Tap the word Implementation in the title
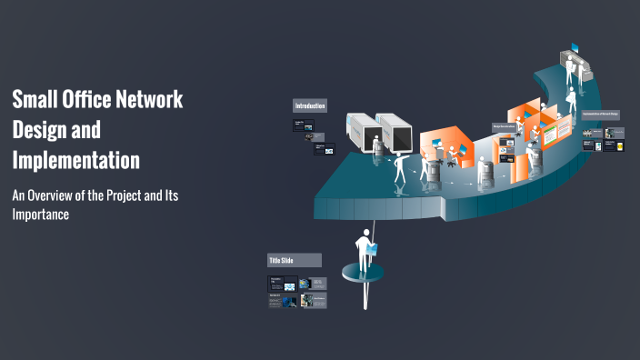click(76, 160)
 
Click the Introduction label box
click(309, 105)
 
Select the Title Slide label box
click(294, 260)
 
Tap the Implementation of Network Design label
click(600, 115)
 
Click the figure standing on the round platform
click(364, 250)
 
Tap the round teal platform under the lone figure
click(363, 273)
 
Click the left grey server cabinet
click(362, 133)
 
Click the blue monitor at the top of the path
click(574, 47)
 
